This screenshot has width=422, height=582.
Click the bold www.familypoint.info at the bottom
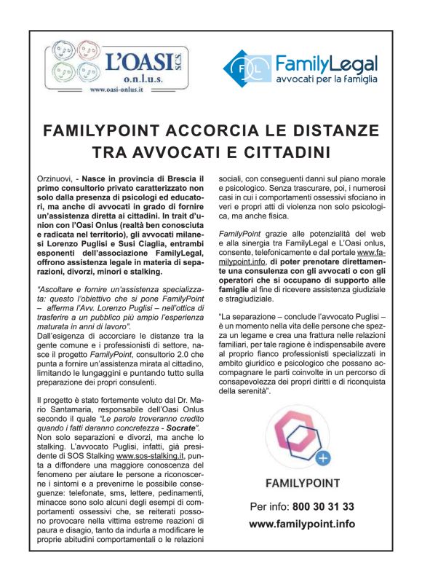(302, 524)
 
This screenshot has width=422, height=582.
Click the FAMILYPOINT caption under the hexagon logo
(302, 483)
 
